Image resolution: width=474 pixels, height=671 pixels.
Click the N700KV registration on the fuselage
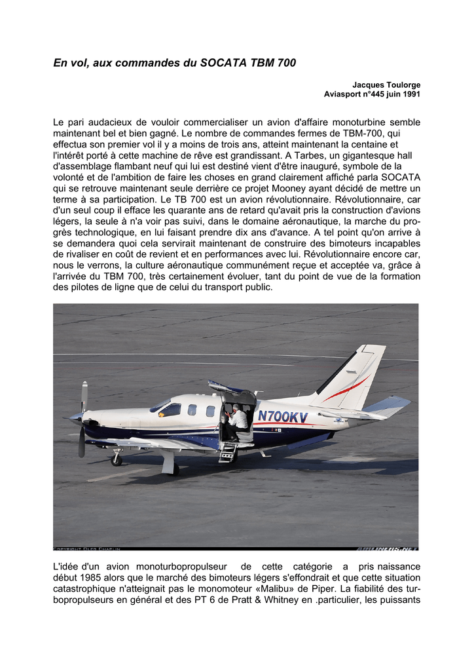pyautogui.click(x=283, y=416)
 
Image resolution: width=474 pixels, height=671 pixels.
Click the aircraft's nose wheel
pyautogui.click(x=117, y=459)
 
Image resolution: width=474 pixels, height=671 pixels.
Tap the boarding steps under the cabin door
pyautogui.click(x=228, y=452)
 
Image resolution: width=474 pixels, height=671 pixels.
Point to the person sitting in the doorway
pyautogui.click(x=239, y=420)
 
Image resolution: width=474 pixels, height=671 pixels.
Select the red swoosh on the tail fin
pyautogui.click(x=347, y=389)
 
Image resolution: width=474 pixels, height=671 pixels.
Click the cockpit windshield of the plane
pyautogui.click(x=160, y=406)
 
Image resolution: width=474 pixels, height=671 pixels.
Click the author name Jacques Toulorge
pyautogui.click(x=386, y=85)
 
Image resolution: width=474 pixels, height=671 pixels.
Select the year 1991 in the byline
pyautogui.click(x=410, y=94)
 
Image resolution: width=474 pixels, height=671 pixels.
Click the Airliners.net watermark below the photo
pyautogui.click(x=387, y=548)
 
